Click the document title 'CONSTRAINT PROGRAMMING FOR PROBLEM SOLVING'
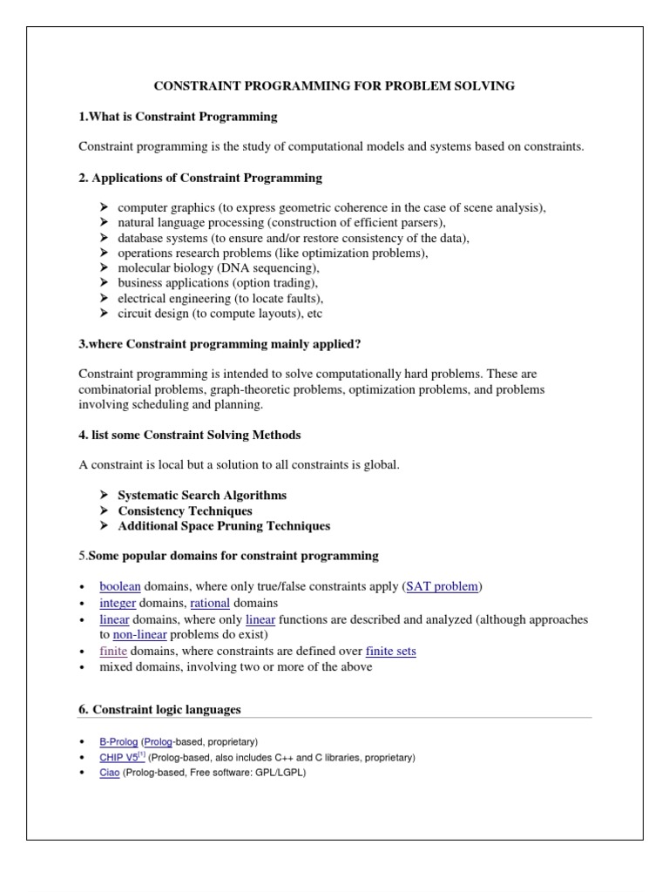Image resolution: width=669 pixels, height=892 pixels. (x=334, y=85)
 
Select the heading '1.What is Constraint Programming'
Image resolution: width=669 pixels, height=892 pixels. (x=178, y=116)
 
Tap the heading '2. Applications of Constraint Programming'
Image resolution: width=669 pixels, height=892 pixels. (x=199, y=178)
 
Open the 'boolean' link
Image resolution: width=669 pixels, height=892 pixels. (x=120, y=586)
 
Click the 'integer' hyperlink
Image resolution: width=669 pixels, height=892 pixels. (x=118, y=603)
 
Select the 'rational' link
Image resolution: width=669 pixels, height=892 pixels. (x=210, y=603)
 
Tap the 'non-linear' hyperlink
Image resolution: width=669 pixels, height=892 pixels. (x=139, y=635)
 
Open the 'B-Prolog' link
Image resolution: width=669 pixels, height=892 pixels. (x=118, y=741)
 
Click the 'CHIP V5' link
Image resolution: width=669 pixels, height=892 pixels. (x=118, y=758)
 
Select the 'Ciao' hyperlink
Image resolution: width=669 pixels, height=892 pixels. (x=109, y=773)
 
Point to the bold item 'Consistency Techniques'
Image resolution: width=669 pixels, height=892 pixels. (x=185, y=510)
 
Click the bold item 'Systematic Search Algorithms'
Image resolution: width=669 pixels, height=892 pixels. (x=202, y=495)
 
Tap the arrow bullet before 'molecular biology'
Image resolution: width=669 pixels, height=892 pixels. (x=104, y=267)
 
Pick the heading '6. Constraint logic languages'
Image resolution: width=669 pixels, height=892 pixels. (x=159, y=710)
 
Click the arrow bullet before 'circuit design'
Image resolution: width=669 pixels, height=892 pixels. (x=104, y=314)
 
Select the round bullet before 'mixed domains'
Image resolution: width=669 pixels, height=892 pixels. (x=81, y=667)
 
